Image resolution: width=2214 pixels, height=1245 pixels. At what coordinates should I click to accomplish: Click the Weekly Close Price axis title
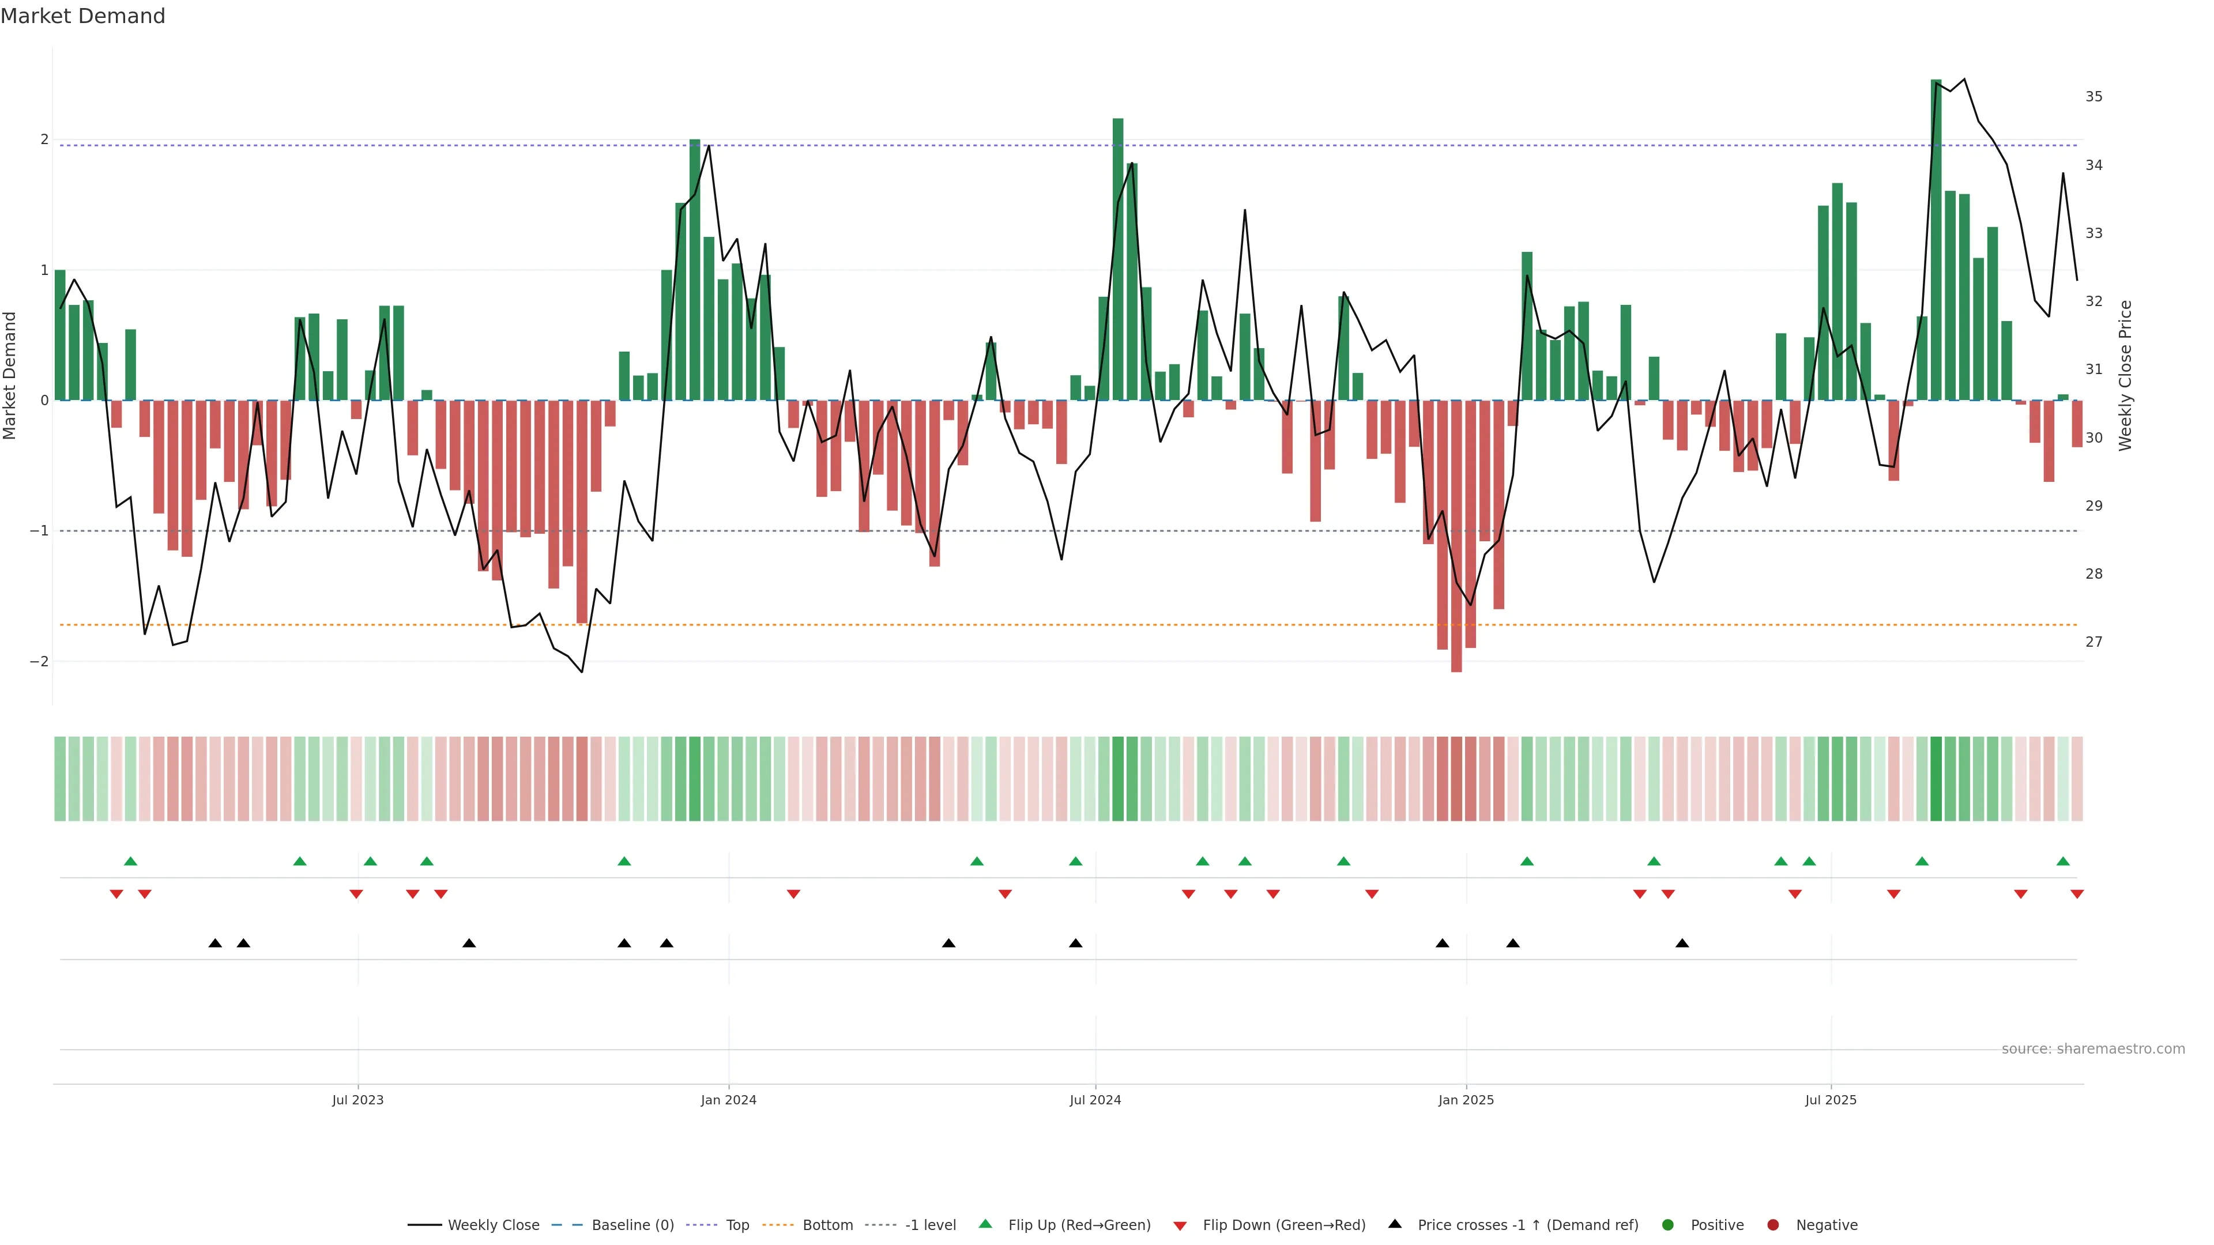click(2125, 375)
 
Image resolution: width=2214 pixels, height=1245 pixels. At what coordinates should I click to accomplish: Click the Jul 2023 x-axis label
click(357, 1100)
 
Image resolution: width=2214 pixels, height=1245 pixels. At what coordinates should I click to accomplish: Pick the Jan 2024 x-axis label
click(728, 1100)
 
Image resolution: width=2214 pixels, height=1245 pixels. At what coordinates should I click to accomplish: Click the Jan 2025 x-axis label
click(1466, 1100)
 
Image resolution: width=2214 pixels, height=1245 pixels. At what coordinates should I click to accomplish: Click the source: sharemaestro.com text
click(2093, 1049)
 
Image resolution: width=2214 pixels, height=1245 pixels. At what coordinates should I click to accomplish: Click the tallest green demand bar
click(1936, 240)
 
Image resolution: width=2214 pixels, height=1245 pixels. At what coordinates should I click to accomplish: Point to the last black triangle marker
click(1682, 944)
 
